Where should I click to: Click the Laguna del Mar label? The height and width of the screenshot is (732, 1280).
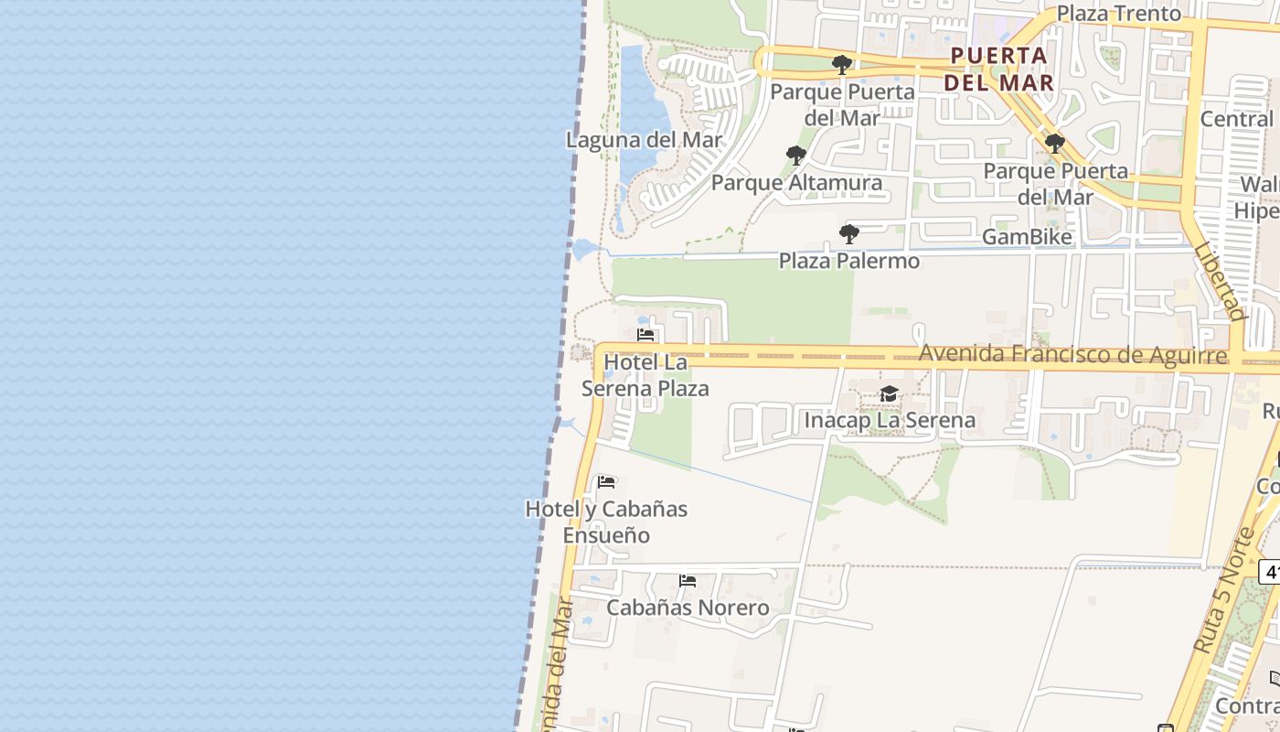[x=644, y=140]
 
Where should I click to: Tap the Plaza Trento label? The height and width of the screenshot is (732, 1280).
[x=1118, y=14]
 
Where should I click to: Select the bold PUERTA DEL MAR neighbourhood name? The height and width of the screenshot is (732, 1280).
[x=998, y=69]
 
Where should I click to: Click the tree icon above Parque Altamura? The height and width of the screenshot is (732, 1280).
[x=796, y=156]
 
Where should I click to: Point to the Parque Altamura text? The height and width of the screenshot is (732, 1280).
[x=796, y=183]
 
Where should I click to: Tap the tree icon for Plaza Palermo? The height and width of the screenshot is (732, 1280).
[x=849, y=234]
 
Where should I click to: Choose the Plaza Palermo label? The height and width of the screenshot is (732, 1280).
[x=849, y=261]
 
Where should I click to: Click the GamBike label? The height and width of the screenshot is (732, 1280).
[x=1027, y=237]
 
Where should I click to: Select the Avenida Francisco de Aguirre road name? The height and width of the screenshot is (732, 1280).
[x=1072, y=354]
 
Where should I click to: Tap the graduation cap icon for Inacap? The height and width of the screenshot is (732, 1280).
[x=889, y=394]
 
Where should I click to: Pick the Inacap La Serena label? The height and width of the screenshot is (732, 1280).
[x=889, y=421]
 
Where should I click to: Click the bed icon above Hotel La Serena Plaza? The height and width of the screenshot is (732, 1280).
[x=645, y=335]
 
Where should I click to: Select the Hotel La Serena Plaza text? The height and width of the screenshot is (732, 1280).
[x=645, y=375]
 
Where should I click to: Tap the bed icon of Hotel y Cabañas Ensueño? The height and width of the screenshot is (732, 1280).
[x=606, y=482]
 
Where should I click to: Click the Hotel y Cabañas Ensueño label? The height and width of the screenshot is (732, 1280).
[x=606, y=522]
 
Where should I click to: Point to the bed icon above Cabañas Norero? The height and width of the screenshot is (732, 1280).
[x=688, y=581]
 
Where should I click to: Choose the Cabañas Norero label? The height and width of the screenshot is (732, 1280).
[x=688, y=608]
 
